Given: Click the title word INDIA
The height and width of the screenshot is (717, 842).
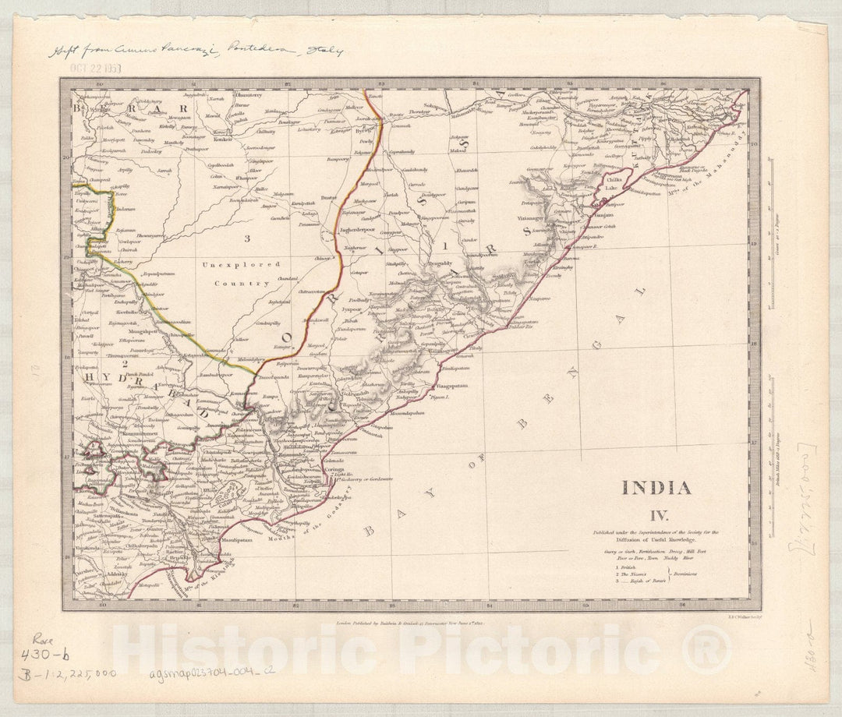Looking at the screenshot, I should click(656, 489).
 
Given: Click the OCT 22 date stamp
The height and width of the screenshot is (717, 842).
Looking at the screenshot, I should click(94, 68).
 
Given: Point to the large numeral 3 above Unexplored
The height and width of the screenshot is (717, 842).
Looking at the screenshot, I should click(246, 237).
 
